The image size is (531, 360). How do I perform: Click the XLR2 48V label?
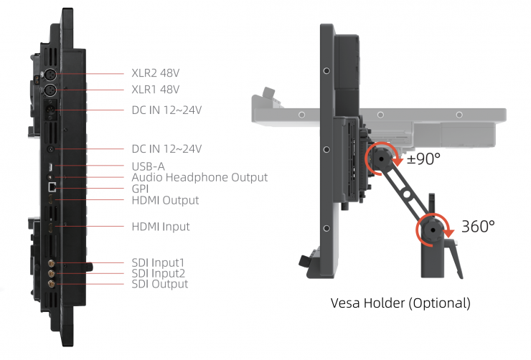(x=156, y=73)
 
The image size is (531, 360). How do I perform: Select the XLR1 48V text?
(x=156, y=90)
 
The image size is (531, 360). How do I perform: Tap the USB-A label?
(x=149, y=166)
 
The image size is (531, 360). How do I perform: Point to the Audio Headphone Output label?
(x=199, y=177)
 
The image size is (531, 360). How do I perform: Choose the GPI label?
(x=141, y=189)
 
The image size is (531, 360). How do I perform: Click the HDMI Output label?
(x=165, y=200)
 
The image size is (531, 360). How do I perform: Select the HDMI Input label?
(x=161, y=227)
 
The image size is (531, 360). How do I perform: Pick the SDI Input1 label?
(x=158, y=262)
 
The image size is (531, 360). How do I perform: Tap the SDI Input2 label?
(x=159, y=273)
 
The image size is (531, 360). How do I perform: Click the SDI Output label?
(x=159, y=284)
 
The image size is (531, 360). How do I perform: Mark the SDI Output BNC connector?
(x=51, y=284)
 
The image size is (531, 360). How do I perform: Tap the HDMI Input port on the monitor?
(x=51, y=228)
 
